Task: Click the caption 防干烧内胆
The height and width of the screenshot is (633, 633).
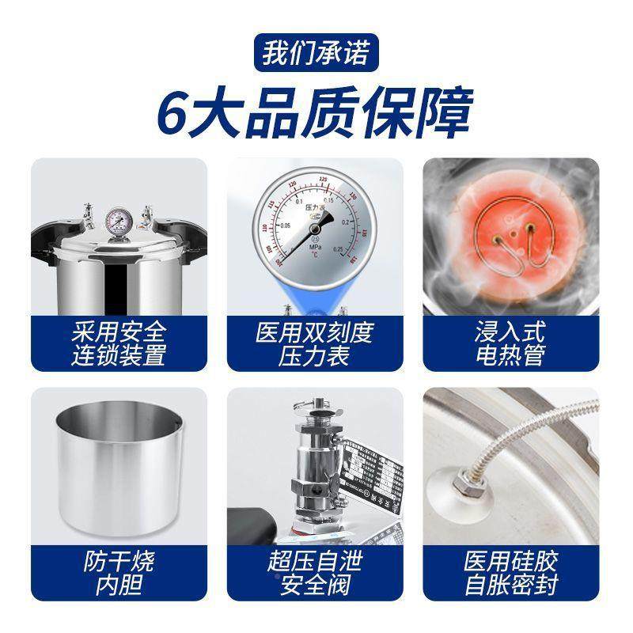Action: [119, 574]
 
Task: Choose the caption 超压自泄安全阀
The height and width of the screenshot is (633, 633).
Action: [316, 574]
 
